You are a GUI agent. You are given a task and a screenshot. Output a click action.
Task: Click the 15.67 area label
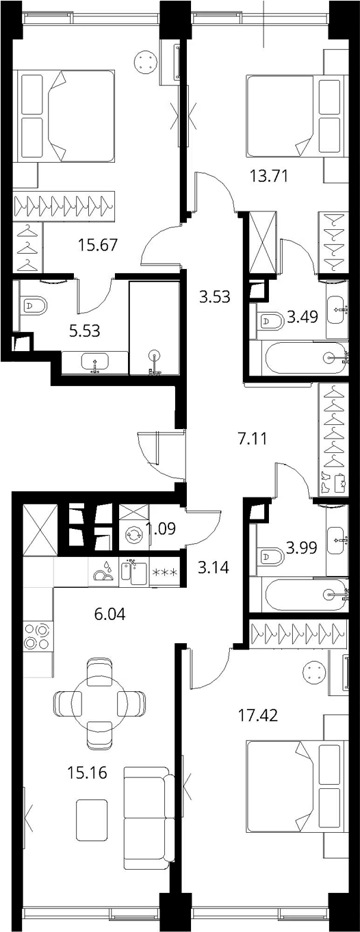(99, 245)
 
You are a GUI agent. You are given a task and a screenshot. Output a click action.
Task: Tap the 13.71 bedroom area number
(269, 177)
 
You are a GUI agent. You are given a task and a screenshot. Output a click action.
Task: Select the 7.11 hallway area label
(253, 439)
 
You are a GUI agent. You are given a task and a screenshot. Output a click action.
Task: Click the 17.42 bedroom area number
(257, 716)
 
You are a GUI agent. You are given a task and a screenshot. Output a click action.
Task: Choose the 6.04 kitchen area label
(110, 614)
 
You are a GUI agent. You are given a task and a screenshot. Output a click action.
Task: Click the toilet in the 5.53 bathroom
(34, 306)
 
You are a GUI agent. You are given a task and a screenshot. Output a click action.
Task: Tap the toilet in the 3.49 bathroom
(270, 321)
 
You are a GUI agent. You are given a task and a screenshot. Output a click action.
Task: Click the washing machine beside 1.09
(134, 534)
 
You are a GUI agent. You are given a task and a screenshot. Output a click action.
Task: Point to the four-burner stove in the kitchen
(36, 636)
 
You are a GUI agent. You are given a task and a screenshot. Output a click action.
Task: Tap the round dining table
(99, 702)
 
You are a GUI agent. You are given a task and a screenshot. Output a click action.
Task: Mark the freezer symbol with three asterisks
(165, 573)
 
